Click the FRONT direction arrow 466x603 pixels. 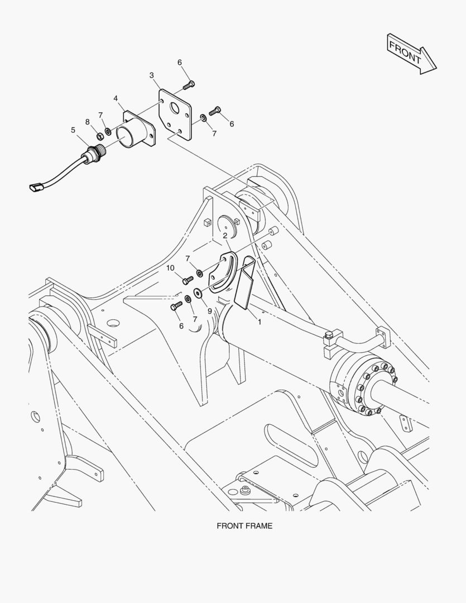(411, 54)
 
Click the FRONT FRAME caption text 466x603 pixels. (244, 526)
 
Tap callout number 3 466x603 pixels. (152, 75)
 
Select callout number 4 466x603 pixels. (116, 98)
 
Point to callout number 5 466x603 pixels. (73, 130)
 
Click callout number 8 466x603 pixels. (88, 122)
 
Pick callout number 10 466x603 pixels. (170, 267)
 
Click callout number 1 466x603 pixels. (260, 322)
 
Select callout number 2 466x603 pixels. (225, 236)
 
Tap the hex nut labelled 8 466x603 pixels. (99, 136)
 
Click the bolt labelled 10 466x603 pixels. (188, 280)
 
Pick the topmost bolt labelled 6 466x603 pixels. (189, 85)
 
